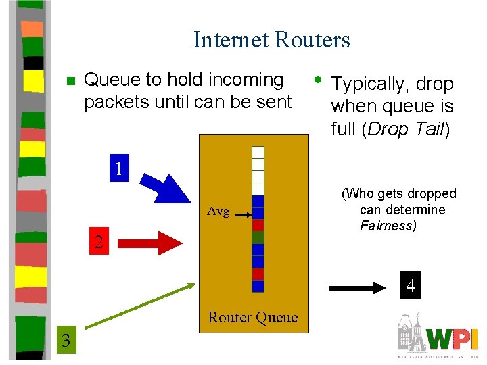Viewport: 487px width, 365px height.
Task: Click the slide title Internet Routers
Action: [x=271, y=39]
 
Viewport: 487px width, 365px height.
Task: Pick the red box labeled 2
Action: [x=99, y=242]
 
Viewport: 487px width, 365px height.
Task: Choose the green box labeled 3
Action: [x=66, y=339]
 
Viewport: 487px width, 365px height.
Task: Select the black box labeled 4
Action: [x=410, y=287]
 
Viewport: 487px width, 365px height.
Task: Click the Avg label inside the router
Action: [x=218, y=212]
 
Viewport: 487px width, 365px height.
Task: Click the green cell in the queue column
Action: [x=258, y=237]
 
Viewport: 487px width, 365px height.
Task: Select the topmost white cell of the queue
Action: [x=258, y=152]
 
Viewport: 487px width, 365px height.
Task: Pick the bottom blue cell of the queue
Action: [x=258, y=286]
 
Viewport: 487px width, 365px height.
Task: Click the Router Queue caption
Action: [x=252, y=317]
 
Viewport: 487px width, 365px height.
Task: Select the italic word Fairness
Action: [x=388, y=226]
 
